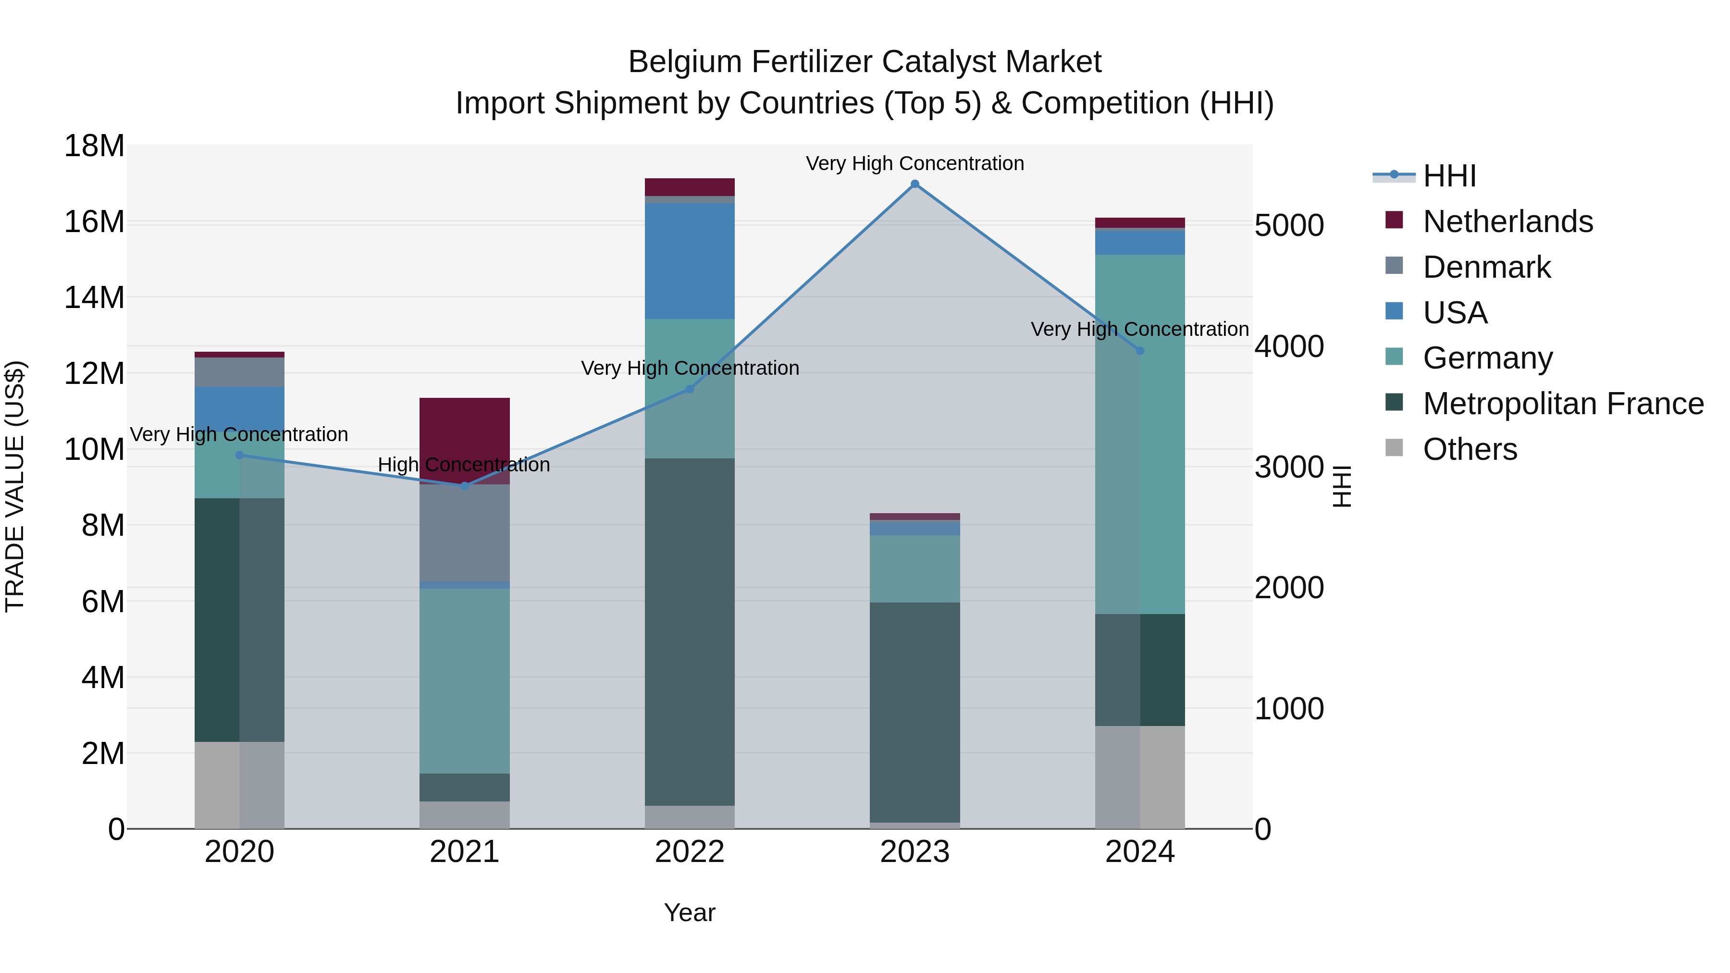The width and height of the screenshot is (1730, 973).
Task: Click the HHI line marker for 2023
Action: (x=914, y=184)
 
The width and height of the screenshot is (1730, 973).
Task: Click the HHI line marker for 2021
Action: (x=464, y=485)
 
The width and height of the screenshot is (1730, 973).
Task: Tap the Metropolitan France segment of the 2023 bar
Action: (x=914, y=712)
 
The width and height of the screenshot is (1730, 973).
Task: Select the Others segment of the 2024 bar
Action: (x=1140, y=777)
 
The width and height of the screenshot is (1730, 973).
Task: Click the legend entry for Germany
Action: (x=1487, y=358)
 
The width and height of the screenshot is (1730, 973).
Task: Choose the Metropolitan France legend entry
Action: (x=1563, y=404)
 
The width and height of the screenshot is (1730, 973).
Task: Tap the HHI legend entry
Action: (x=1449, y=176)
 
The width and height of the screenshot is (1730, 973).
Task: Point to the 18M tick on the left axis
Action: (x=94, y=146)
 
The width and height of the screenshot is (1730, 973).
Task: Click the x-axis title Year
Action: (x=690, y=912)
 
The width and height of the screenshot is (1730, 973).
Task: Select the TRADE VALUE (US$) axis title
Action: (x=15, y=486)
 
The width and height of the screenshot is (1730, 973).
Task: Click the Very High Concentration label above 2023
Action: (x=914, y=163)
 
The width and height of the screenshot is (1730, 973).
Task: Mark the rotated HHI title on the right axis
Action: (x=1341, y=486)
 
